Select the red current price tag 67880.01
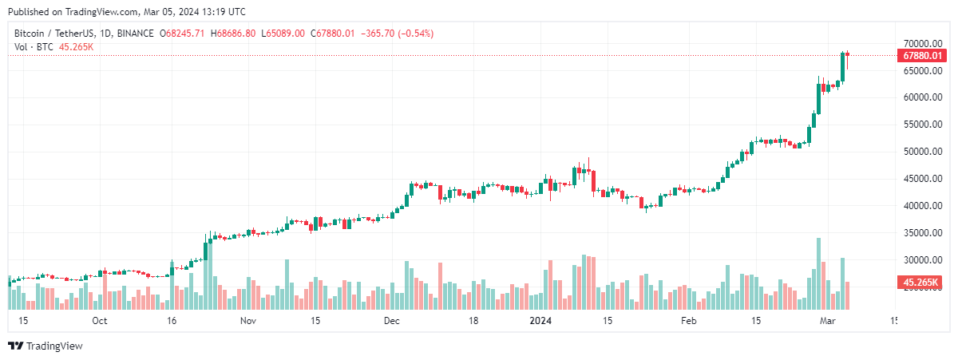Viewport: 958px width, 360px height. tap(922, 56)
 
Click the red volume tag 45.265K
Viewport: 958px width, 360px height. tap(922, 283)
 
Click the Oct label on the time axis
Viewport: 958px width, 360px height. tap(99, 321)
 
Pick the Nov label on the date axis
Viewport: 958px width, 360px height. tap(248, 321)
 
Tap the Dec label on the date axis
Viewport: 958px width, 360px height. tap(391, 321)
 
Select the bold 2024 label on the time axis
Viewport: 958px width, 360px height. tap(541, 321)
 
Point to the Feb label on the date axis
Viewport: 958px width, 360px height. tap(689, 321)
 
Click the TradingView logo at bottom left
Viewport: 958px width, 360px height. tap(46, 346)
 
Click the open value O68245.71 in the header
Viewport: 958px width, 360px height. tap(183, 34)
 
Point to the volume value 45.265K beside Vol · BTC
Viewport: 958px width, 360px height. tap(77, 47)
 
